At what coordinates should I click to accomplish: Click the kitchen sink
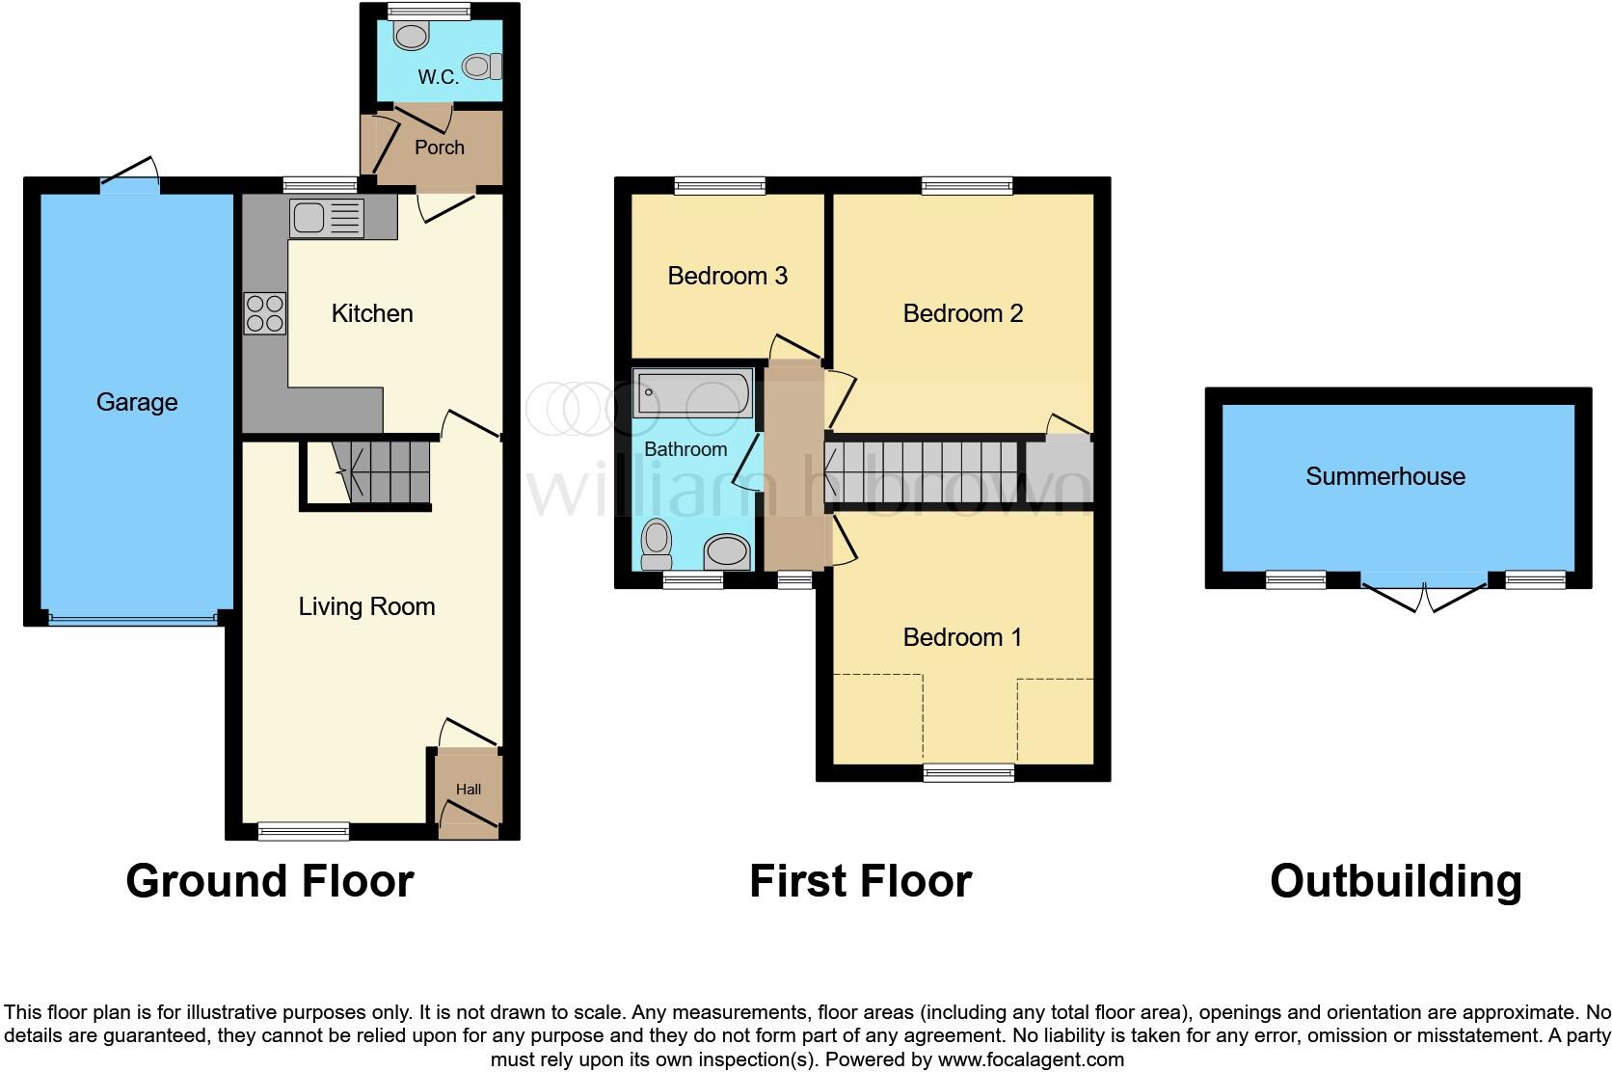(x=326, y=218)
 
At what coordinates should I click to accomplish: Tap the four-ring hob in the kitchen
(x=265, y=312)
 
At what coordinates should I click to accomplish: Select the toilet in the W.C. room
(x=481, y=67)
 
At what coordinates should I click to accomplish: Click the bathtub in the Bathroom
(x=691, y=393)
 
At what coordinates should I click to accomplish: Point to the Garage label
(x=137, y=402)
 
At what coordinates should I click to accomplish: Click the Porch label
(x=439, y=147)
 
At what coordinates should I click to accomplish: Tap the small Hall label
(x=469, y=790)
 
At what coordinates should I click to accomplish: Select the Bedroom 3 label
(x=727, y=276)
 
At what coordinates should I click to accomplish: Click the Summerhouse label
(x=1384, y=476)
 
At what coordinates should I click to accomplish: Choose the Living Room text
(x=366, y=606)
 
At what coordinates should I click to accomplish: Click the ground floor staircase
(x=382, y=472)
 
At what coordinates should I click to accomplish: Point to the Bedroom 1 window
(x=969, y=771)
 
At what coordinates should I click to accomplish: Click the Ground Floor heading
(x=270, y=881)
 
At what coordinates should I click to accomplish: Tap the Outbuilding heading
(x=1395, y=881)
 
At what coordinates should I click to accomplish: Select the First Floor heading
(x=860, y=881)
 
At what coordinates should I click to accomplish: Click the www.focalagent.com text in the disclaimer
(x=1031, y=1059)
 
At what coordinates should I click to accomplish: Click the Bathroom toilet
(x=658, y=545)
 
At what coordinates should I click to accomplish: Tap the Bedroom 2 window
(x=967, y=185)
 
